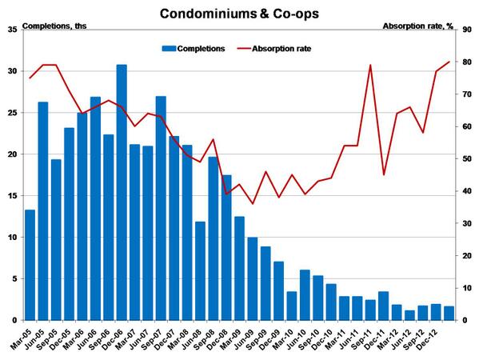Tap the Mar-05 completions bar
30,265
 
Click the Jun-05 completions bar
43,211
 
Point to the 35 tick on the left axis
11,30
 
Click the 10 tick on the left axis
11,238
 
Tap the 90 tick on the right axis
469,30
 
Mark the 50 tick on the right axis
469,159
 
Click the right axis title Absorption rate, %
418,26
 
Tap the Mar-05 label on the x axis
26,336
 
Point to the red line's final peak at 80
449,62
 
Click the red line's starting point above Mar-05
30,78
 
